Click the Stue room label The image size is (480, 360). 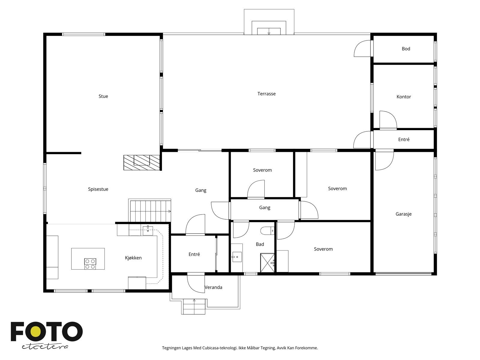(x=103, y=96)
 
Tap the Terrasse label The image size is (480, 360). (x=266, y=94)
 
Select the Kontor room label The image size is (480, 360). (x=404, y=97)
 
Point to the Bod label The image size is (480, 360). (x=406, y=49)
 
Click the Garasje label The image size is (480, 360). (x=403, y=214)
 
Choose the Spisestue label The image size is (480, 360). (x=98, y=189)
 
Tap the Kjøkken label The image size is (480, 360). (x=133, y=258)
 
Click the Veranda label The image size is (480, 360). (x=213, y=287)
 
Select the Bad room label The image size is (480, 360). (x=260, y=244)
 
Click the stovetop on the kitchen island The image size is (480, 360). (x=90, y=264)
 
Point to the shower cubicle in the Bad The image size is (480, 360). (x=267, y=263)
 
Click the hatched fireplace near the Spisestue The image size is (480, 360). (x=142, y=163)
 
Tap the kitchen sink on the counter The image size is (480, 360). (x=148, y=231)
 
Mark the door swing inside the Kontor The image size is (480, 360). (x=388, y=120)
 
